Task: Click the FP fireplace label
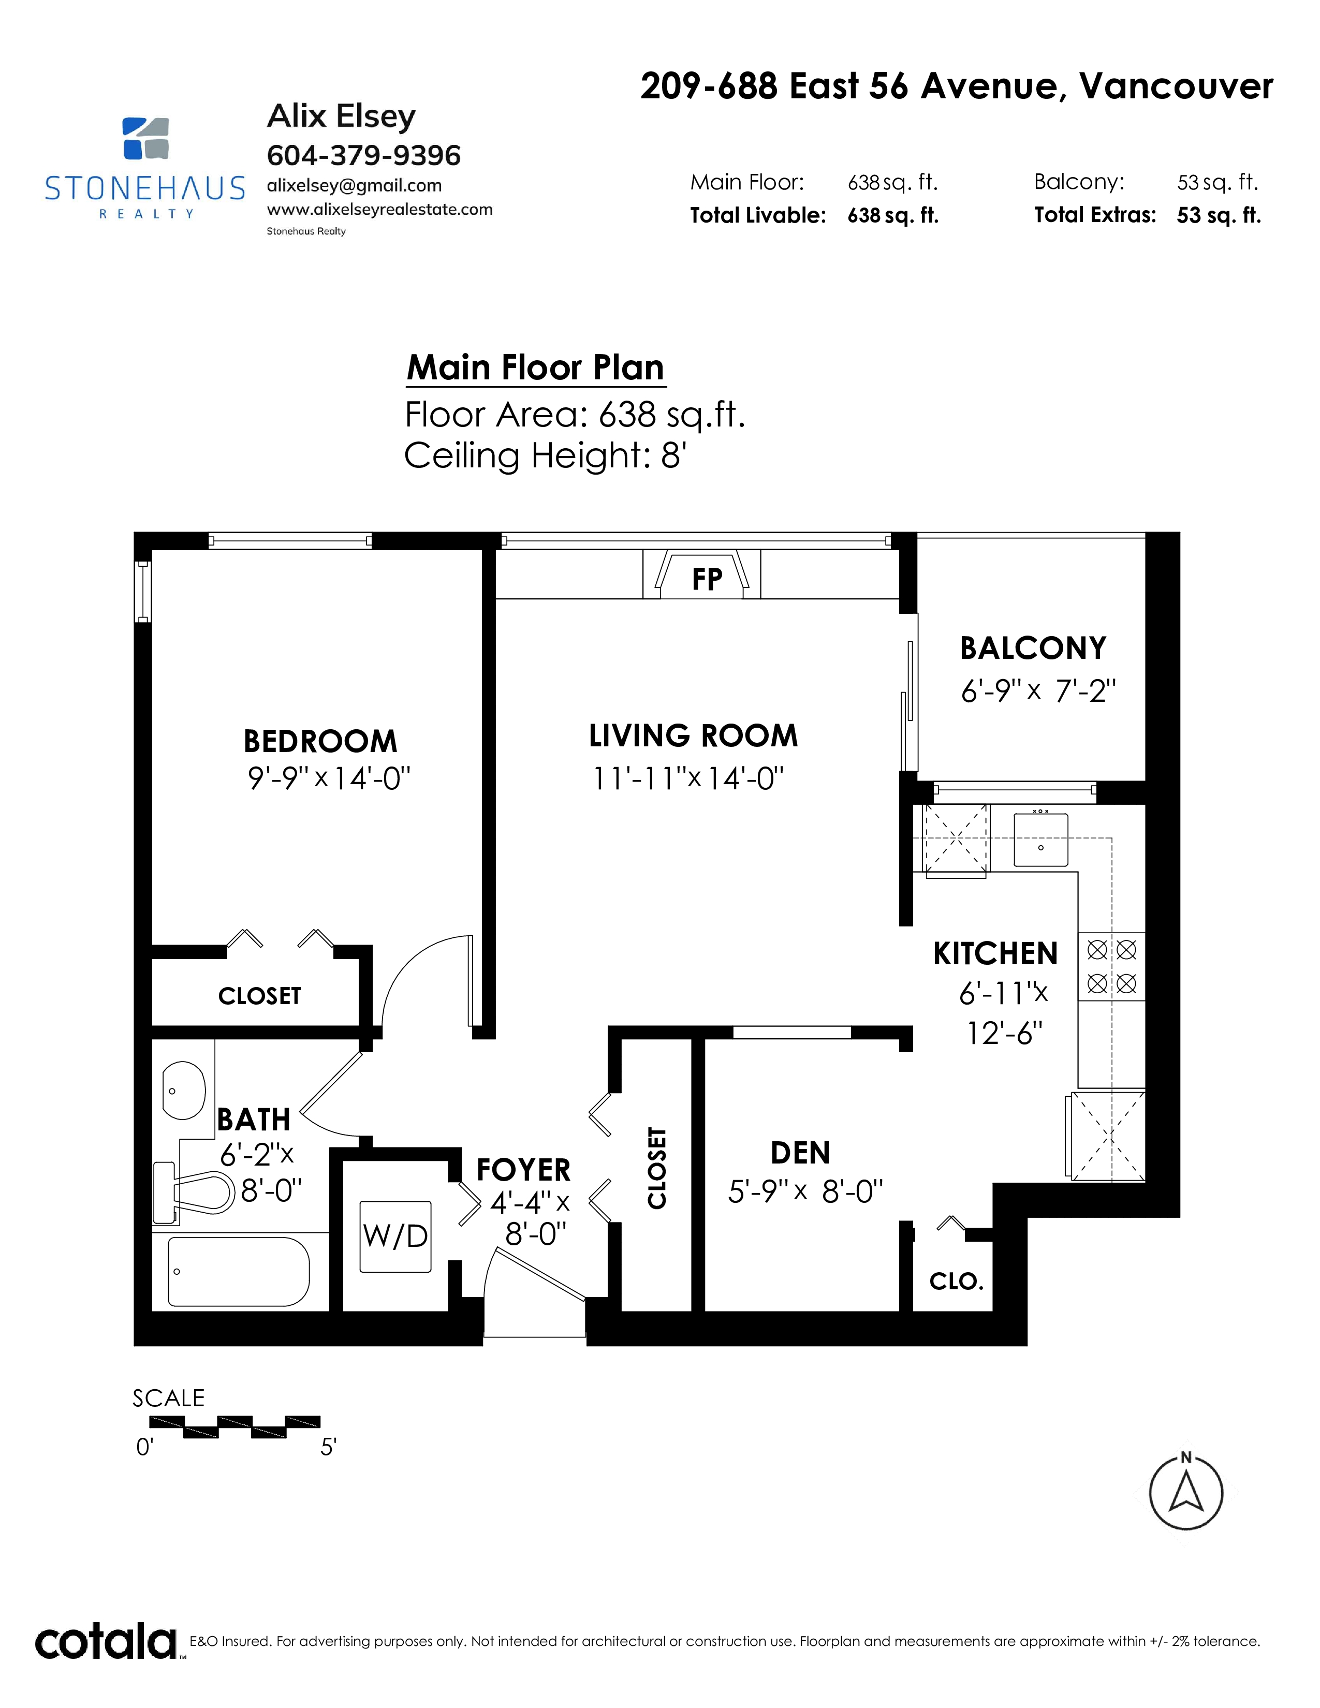707,580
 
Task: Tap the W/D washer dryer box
395,1235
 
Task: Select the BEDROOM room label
320,741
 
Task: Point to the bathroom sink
184,1090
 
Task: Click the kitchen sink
1041,839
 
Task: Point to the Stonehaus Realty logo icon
146,138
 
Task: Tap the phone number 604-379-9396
363,156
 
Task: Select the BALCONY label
1033,649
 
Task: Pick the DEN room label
800,1153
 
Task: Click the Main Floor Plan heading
536,367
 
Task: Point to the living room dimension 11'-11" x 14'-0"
688,779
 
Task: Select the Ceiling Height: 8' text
545,455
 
